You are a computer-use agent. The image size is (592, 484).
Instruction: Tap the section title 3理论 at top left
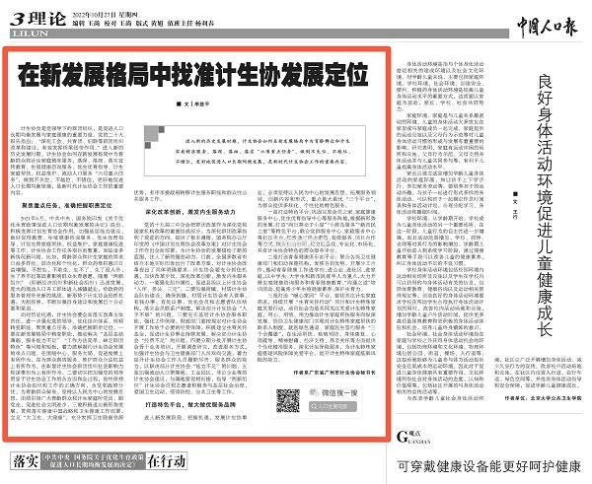[32, 16]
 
